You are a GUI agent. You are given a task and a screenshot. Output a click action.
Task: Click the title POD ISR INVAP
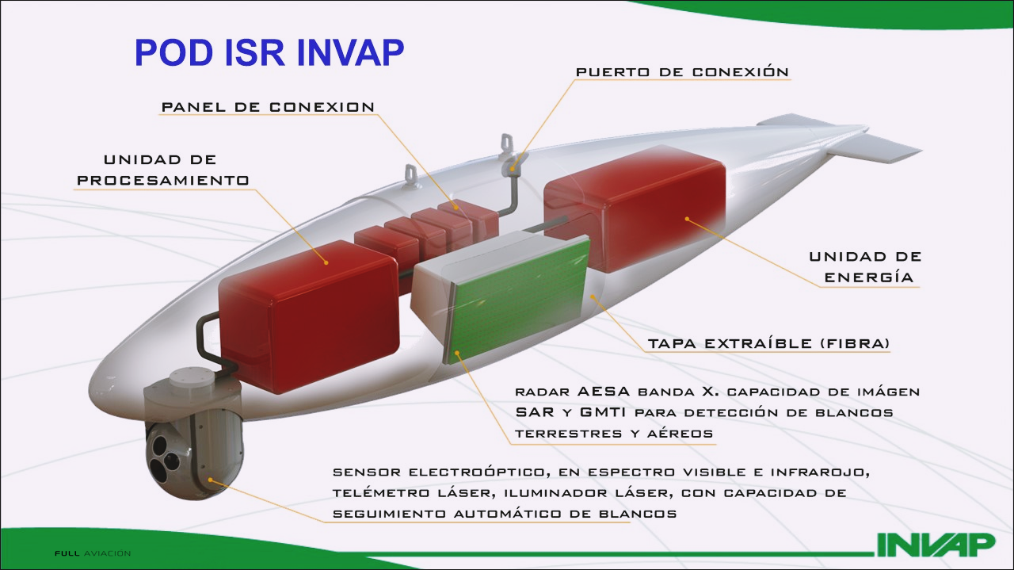tap(269, 52)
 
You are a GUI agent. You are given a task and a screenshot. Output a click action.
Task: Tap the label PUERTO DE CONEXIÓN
tap(682, 71)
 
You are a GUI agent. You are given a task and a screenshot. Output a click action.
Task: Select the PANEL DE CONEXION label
tap(268, 107)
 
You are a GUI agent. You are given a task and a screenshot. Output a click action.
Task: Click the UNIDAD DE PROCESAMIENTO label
tap(163, 170)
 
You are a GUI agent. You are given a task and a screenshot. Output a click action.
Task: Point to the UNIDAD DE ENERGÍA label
tap(865, 267)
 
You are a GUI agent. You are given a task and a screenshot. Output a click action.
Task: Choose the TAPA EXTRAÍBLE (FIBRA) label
tap(768, 343)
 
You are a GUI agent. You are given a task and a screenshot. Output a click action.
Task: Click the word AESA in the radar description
tap(604, 391)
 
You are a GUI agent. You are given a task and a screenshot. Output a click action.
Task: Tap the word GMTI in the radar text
tap(603, 412)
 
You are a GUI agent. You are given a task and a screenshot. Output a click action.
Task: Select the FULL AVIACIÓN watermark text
tap(93, 553)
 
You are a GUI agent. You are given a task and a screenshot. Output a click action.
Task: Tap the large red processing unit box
tap(309, 317)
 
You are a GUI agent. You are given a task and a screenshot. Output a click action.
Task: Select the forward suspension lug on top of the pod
tap(411, 176)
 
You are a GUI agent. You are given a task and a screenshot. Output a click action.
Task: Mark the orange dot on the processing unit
tap(326, 262)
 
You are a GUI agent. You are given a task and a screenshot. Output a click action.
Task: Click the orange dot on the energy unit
tap(687, 219)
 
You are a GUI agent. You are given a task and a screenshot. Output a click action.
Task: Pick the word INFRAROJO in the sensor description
tap(820, 472)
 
